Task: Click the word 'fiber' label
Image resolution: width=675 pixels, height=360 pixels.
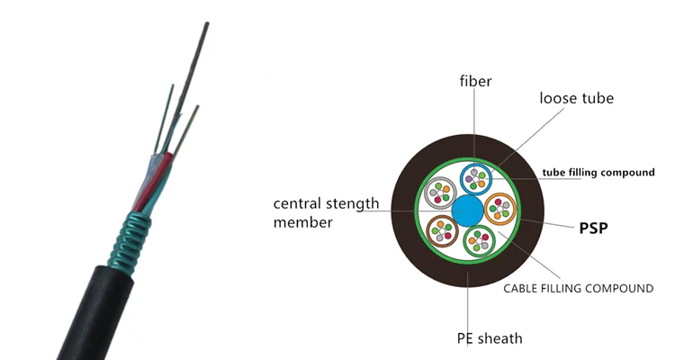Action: tap(474, 82)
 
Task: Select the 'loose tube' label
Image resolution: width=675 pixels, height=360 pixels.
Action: tap(577, 98)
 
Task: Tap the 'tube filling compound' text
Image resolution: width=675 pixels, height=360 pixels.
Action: tap(598, 172)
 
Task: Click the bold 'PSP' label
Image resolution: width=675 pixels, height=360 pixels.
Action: tap(592, 229)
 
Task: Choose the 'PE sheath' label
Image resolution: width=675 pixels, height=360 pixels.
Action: tap(489, 338)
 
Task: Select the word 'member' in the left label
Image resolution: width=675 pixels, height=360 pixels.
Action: tap(303, 221)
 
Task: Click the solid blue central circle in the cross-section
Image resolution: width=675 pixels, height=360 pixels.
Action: tap(467, 211)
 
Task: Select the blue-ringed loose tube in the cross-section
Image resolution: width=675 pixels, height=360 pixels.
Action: tap(476, 178)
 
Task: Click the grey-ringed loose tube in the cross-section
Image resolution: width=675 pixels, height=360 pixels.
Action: tap(442, 193)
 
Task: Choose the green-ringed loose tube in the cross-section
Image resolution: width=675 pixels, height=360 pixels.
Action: tap(477, 242)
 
